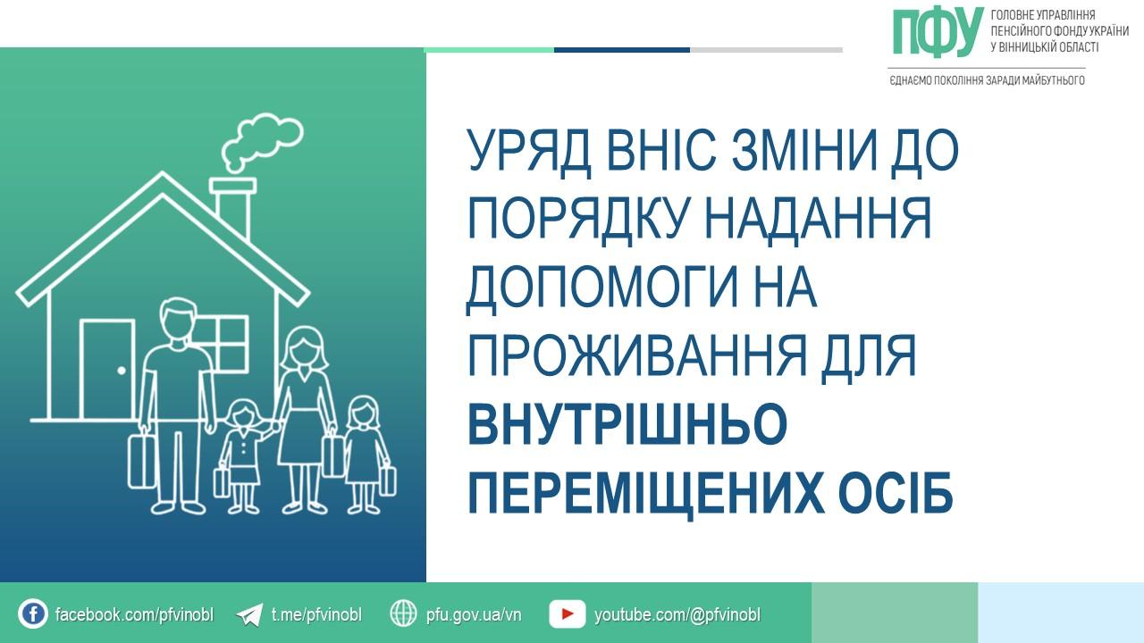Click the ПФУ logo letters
tap(938, 32)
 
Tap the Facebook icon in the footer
tap(33, 614)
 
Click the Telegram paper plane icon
tap(249, 614)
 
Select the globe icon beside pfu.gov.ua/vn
tap(403, 613)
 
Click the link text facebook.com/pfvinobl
tap(134, 614)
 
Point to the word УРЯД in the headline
tap(529, 151)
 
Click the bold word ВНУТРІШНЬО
tap(627, 423)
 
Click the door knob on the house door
tap(122, 371)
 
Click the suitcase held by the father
tap(140, 460)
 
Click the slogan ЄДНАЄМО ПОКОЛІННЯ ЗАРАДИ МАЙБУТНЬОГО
tap(988, 80)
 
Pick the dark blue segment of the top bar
tap(622, 50)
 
